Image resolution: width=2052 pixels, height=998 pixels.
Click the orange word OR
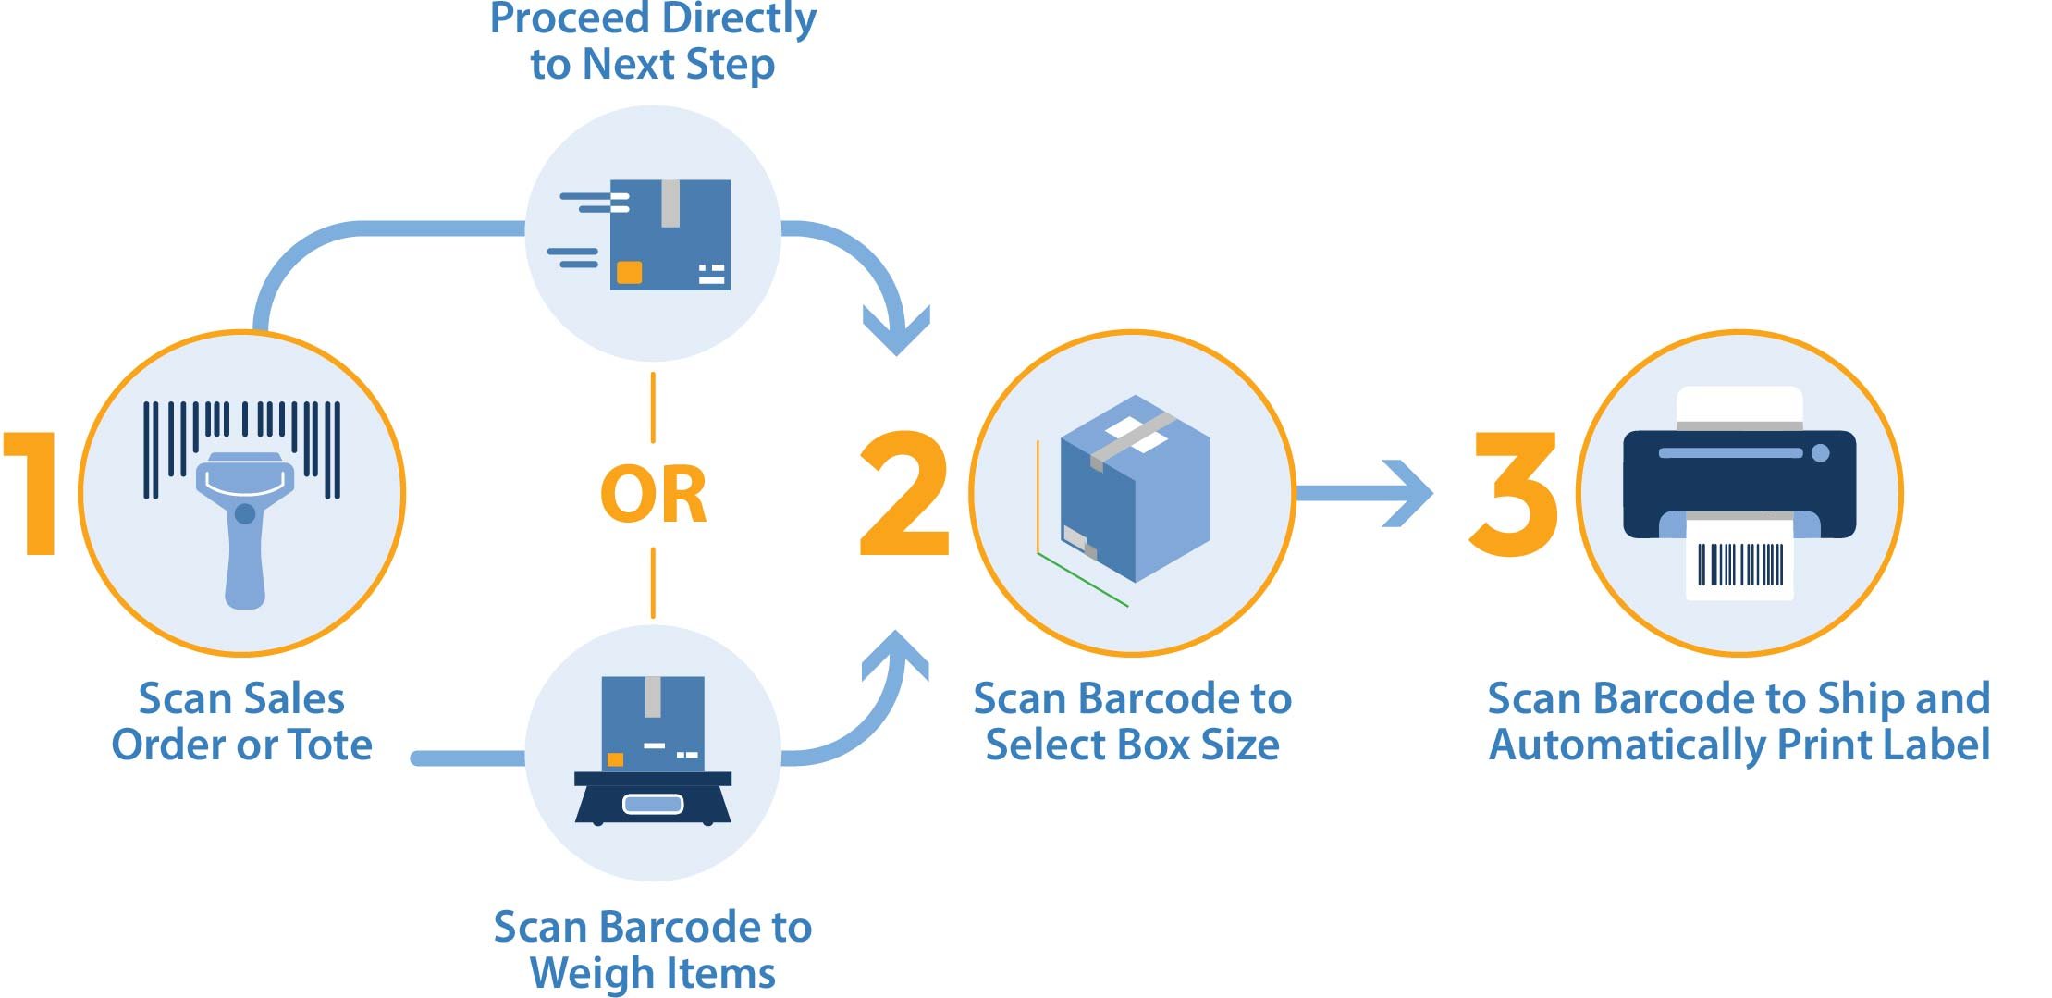653,496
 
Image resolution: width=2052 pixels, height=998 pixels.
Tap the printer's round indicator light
1820,453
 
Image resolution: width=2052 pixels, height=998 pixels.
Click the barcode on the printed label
1739,564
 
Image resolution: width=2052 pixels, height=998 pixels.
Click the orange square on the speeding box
629,272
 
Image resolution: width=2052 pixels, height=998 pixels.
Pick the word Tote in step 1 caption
330,745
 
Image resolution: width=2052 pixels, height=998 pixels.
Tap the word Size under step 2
1239,745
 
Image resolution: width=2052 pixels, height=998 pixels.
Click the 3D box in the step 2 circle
1136,490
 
